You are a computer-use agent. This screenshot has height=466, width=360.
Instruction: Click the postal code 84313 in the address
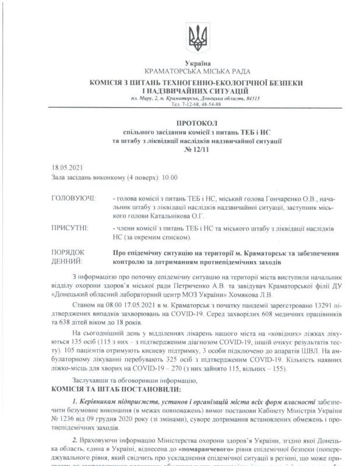pyautogui.click(x=252, y=98)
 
